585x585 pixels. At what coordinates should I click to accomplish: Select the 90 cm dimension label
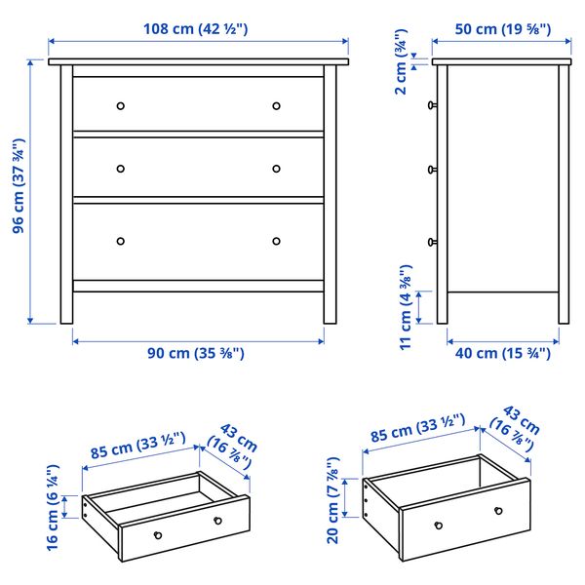[198, 353]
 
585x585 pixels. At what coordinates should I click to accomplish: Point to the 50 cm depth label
[501, 28]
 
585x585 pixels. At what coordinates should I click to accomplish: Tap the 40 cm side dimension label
[502, 353]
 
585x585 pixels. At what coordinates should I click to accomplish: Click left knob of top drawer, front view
[121, 105]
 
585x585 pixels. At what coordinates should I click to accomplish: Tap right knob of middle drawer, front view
[276, 168]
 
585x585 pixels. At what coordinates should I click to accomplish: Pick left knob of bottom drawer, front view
[121, 241]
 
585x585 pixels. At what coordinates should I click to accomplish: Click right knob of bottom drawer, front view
[276, 241]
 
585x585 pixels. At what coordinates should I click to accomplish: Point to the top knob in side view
[431, 104]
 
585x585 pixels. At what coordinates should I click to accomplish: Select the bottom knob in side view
[431, 241]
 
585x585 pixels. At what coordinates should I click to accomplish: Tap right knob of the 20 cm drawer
[498, 511]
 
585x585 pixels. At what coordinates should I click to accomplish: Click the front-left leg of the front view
[66, 302]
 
